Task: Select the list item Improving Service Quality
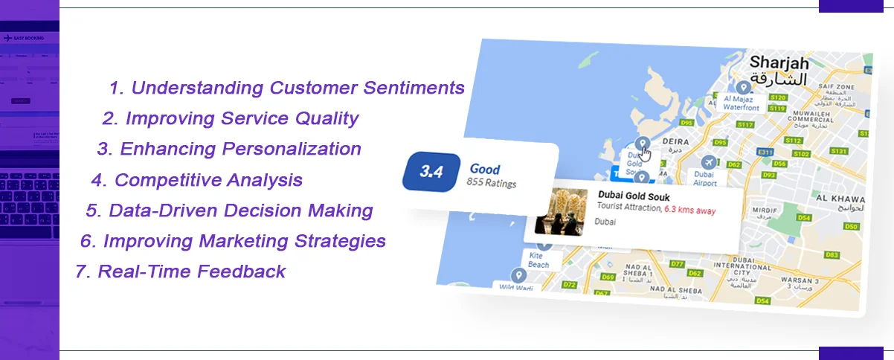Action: pos(231,118)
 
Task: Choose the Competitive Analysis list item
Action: pos(197,180)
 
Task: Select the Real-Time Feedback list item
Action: pos(180,271)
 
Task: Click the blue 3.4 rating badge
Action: pos(431,172)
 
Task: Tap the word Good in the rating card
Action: pos(485,169)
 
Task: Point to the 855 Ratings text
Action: pos(491,183)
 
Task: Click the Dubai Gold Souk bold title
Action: pos(634,196)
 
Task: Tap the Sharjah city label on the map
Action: pos(778,62)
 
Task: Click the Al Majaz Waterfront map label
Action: pos(741,102)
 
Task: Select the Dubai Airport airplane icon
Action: pos(708,162)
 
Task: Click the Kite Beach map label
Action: pos(538,260)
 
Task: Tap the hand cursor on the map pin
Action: pos(646,154)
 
